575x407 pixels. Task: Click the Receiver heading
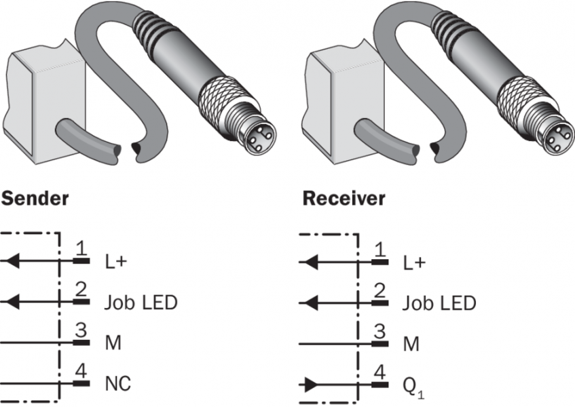(x=344, y=199)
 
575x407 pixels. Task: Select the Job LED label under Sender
(x=141, y=302)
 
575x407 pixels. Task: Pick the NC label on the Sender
(x=117, y=384)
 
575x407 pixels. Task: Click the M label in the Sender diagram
(x=113, y=343)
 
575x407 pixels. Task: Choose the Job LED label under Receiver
(x=439, y=302)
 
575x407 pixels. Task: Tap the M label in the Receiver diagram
(x=411, y=343)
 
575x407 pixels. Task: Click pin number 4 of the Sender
(x=81, y=372)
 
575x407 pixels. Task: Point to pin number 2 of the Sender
(x=81, y=290)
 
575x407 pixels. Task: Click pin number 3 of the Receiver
(x=380, y=332)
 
